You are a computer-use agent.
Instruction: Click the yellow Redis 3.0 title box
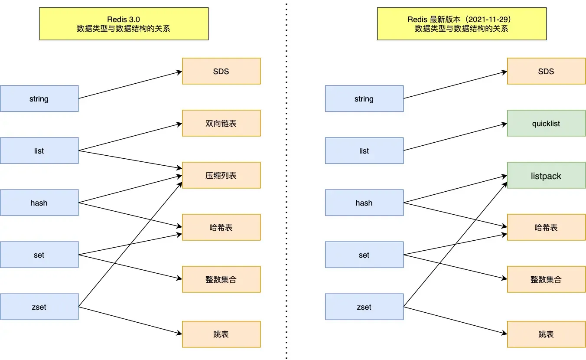pos(124,24)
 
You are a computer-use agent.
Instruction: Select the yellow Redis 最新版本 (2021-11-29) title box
pos(462,24)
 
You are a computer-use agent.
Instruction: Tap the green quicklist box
pos(546,123)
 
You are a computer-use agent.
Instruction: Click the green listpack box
pos(546,175)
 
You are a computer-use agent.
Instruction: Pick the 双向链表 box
pos(221,123)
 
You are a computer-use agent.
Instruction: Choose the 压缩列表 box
pos(221,175)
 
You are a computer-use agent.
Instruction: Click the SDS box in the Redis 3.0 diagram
pos(221,71)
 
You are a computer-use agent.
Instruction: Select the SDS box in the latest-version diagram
pos(546,71)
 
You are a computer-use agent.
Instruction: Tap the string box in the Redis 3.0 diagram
pos(39,98)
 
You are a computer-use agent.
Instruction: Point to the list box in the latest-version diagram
pos(364,151)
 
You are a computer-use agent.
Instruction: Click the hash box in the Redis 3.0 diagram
pos(39,203)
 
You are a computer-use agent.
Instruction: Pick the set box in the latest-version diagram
pos(364,255)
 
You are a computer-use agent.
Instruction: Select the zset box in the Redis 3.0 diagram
pos(39,307)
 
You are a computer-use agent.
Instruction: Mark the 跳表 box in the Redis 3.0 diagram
pos(221,334)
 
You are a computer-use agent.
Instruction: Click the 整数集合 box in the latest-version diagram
pos(546,279)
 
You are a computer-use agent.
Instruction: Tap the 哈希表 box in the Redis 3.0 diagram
pos(221,227)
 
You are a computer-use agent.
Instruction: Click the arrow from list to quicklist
pos(455,137)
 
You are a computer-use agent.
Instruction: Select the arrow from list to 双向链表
pos(130,137)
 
